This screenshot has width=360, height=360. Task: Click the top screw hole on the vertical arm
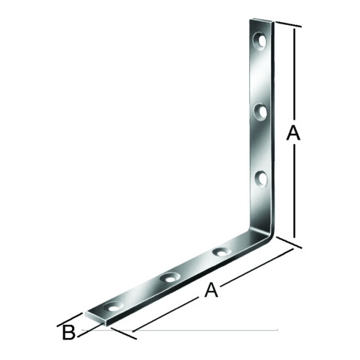(260, 41)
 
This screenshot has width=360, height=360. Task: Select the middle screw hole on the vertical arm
(261, 112)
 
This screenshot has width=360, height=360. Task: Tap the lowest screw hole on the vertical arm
(261, 179)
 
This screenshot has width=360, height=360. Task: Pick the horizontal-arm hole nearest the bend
(222, 252)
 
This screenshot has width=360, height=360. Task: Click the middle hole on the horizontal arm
(170, 278)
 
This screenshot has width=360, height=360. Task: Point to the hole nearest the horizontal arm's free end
(114, 306)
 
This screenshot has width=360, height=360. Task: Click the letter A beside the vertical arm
(293, 133)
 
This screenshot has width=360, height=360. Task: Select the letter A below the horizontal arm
(211, 290)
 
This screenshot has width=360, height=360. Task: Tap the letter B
(68, 332)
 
